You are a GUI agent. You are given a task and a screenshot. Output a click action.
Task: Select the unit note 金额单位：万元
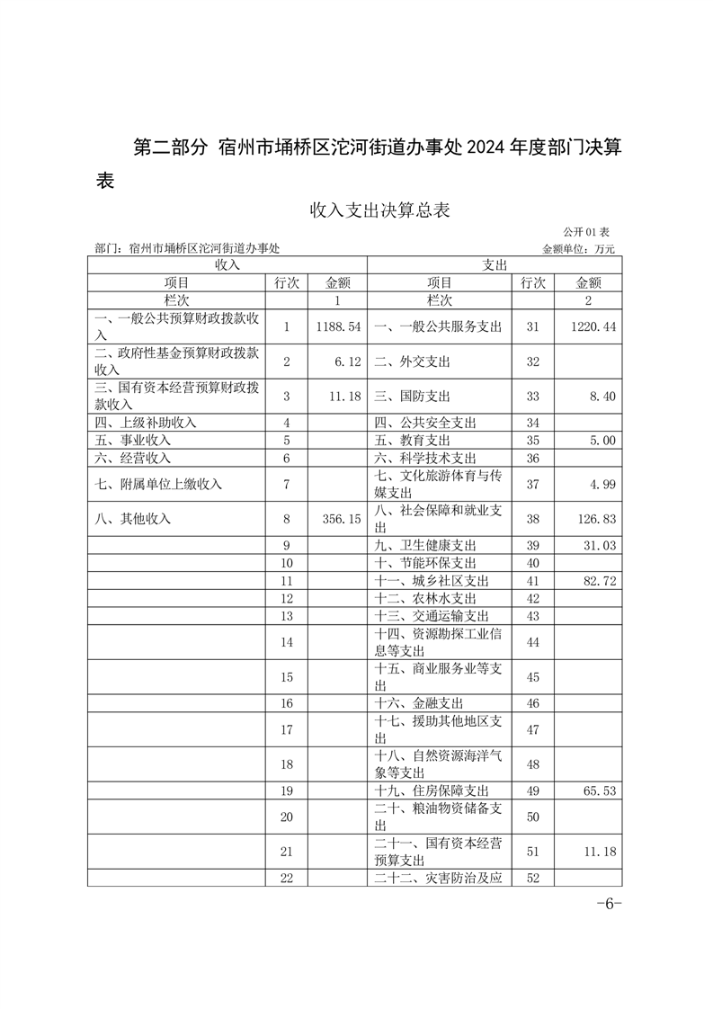pos(579,248)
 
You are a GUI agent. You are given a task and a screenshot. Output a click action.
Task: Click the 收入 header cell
pos(227,264)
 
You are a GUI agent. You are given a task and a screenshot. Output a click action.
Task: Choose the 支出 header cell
pos(495,264)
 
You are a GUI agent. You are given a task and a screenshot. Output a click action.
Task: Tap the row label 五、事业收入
pos(133,441)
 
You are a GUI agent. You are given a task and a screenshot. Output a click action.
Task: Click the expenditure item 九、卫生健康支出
pos(425,545)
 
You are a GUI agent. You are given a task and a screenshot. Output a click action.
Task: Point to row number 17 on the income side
pos(288,729)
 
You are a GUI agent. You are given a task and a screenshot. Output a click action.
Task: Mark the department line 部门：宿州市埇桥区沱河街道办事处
pos(187,248)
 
